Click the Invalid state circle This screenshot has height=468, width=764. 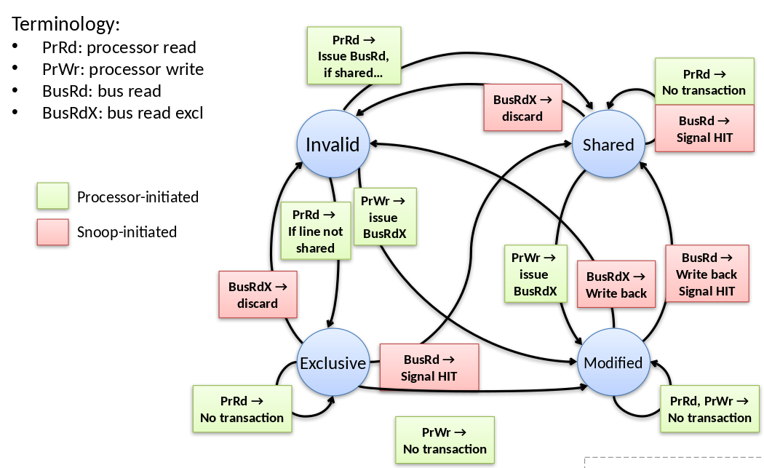click(x=333, y=144)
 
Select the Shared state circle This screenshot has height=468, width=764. click(x=608, y=144)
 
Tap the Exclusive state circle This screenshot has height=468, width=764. click(x=333, y=362)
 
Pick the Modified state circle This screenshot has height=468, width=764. click(x=613, y=362)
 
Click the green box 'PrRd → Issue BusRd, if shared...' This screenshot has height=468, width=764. click(x=354, y=55)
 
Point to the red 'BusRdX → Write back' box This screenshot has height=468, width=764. click(x=616, y=285)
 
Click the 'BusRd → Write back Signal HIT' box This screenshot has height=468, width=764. click(x=707, y=274)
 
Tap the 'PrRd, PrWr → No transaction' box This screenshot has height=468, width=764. click(x=709, y=409)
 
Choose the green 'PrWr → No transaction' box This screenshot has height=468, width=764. click(x=445, y=440)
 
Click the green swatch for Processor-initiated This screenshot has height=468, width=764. click(x=52, y=197)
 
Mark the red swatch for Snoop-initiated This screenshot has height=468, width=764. click(x=52, y=232)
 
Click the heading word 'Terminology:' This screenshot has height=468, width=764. click(x=65, y=24)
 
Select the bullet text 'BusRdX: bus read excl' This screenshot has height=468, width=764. click(x=123, y=113)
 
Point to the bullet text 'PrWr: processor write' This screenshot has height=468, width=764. click(x=123, y=70)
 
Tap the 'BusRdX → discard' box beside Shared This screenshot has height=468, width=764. click(x=522, y=108)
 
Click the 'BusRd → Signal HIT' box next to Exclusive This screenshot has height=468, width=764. click(x=429, y=368)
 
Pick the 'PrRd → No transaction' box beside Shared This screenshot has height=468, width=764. click(x=704, y=82)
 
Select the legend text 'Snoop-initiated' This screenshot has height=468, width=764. click(x=127, y=232)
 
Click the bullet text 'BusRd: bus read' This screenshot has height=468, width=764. click(x=102, y=92)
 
